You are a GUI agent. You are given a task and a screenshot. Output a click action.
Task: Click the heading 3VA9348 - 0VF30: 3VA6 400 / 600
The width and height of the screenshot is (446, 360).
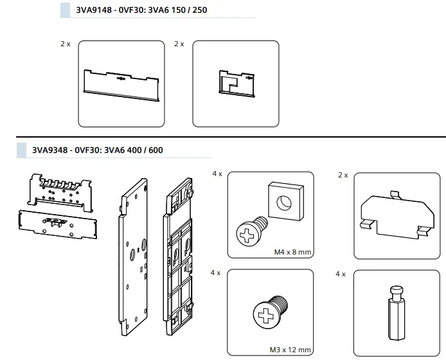point(98,150)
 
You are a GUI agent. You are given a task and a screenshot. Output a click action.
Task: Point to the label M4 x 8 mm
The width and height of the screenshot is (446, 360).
point(292,253)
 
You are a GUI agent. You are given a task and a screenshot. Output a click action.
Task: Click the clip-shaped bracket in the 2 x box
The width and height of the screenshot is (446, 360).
point(396,212)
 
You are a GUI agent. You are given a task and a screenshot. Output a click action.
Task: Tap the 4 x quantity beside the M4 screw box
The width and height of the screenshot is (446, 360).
point(217,174)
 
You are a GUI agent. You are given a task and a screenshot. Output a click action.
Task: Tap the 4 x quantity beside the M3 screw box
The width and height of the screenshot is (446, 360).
point(217,273)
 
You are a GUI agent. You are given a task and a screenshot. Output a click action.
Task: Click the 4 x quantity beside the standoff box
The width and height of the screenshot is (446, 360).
point(341,274)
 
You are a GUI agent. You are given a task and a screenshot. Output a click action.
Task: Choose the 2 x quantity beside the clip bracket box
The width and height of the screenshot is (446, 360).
point(343,174)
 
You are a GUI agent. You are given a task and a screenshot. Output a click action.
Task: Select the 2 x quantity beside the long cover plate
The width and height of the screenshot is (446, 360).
point(66,44)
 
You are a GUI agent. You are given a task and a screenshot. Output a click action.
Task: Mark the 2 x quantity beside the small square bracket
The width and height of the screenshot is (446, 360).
point(179,44)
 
